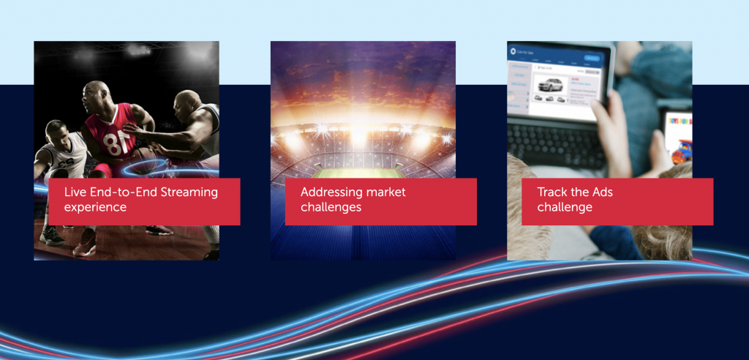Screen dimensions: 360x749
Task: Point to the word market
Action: [388, 192]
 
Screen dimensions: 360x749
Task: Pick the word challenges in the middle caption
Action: [331, 207]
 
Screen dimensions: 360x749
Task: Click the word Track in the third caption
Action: [554, 192]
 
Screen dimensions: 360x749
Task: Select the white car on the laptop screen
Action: [551, 86]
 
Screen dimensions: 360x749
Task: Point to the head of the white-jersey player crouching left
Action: [56, 131]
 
